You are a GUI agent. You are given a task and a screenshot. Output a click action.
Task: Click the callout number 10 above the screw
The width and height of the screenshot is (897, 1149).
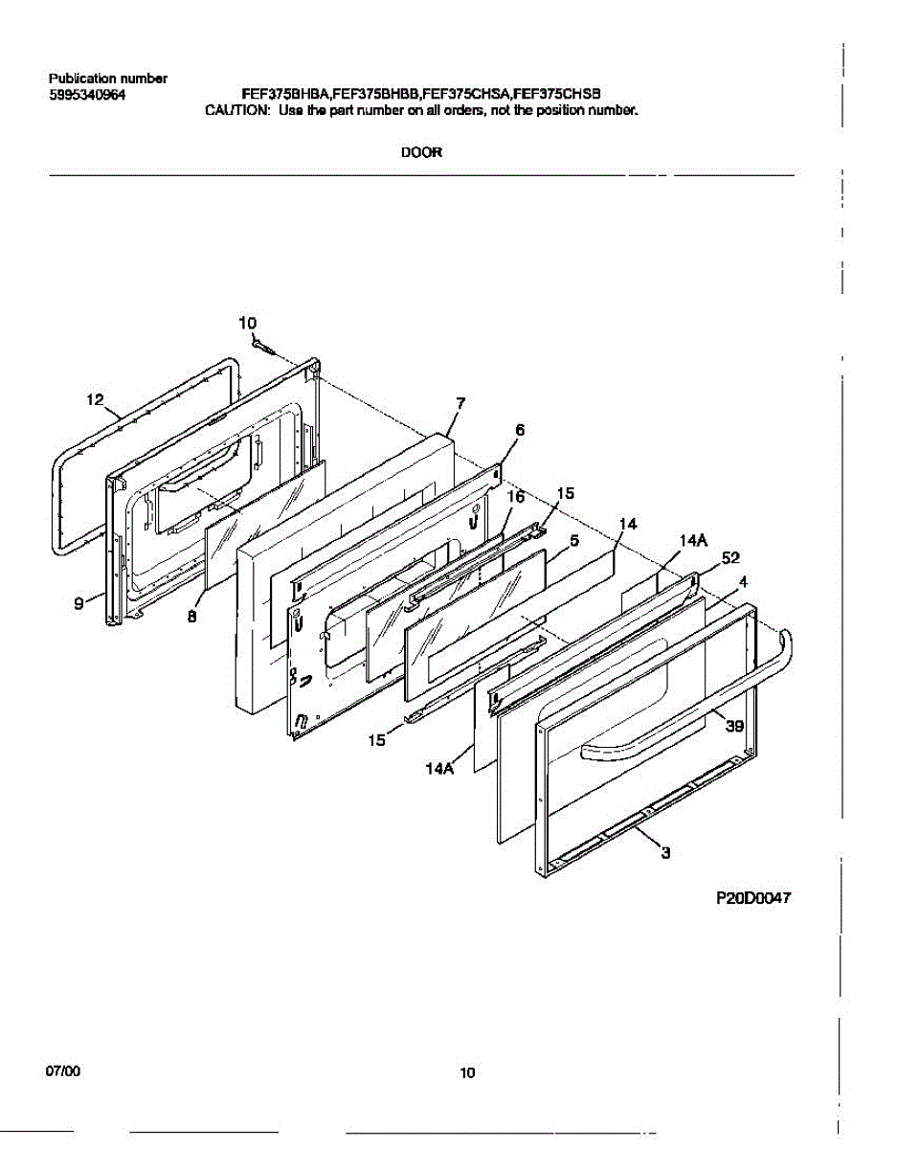point(248,324)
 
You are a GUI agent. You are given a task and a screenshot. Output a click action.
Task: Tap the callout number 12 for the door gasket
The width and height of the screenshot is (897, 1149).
point(95,400)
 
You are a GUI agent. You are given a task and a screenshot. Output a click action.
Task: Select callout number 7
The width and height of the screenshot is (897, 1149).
point(460,404)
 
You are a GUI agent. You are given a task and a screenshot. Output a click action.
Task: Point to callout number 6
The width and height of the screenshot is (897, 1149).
point(520,431)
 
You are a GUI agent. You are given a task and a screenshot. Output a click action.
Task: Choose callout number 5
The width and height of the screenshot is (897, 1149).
point(573,541)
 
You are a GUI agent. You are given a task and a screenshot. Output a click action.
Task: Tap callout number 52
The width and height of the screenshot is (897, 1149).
point(731,557)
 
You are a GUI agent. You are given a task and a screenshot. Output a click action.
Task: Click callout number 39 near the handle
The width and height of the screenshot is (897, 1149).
point(734,726)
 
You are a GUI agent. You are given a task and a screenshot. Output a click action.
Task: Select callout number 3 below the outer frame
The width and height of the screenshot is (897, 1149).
point(664,854)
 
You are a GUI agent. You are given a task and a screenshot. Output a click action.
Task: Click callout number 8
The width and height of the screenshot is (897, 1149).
point(191,618)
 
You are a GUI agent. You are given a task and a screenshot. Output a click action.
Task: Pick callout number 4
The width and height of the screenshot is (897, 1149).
point(743,580)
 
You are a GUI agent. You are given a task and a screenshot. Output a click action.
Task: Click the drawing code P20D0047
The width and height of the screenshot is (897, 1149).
point(754,898)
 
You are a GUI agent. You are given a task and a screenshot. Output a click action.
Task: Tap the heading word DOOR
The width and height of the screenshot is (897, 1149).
point(421,151)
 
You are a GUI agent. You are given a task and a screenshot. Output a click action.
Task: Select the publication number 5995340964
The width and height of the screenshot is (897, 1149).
point(86,95)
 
